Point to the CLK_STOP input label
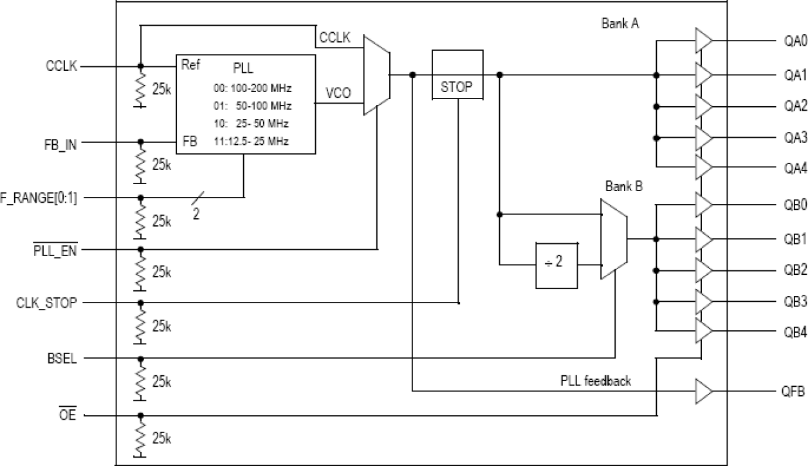47,303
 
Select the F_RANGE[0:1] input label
39,198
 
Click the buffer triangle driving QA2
703,106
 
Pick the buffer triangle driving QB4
703,332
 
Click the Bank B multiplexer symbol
612,239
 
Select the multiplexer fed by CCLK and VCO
376,75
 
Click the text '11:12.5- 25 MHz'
252,141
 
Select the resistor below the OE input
140,439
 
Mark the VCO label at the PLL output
338,93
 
